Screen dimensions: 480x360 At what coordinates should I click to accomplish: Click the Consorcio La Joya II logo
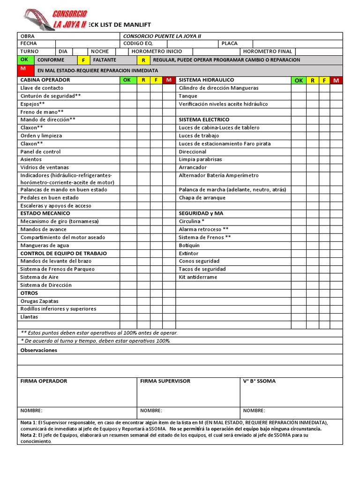coord(55,20)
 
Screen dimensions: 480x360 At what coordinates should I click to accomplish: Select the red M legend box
coord(23,69)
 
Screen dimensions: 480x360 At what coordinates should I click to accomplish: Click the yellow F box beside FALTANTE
coord(83,60)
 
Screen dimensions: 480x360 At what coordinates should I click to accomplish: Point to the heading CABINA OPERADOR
coord(45,80)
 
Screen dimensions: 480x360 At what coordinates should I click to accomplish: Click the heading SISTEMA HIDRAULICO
coord(206,80)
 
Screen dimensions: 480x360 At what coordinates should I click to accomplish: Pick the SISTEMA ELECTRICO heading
coord(204,120)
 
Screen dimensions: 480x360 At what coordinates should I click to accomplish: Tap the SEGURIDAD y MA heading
coord(201,213)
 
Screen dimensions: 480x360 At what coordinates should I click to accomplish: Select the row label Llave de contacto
coord(42,88)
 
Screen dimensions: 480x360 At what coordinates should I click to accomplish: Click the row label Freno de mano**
coord(42,112)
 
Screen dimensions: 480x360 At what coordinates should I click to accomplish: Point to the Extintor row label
coord(188,253)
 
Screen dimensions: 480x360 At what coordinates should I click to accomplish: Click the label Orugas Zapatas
coord(39,301)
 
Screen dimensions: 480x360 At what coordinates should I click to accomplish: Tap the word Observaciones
coord(39,350)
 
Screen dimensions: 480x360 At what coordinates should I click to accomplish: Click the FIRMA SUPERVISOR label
coord(165,381)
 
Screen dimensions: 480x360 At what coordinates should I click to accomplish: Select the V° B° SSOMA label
coord(259,381)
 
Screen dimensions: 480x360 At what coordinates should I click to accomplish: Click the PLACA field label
coord(230,44)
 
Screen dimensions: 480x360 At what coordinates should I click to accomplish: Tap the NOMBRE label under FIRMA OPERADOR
coord(31,410)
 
